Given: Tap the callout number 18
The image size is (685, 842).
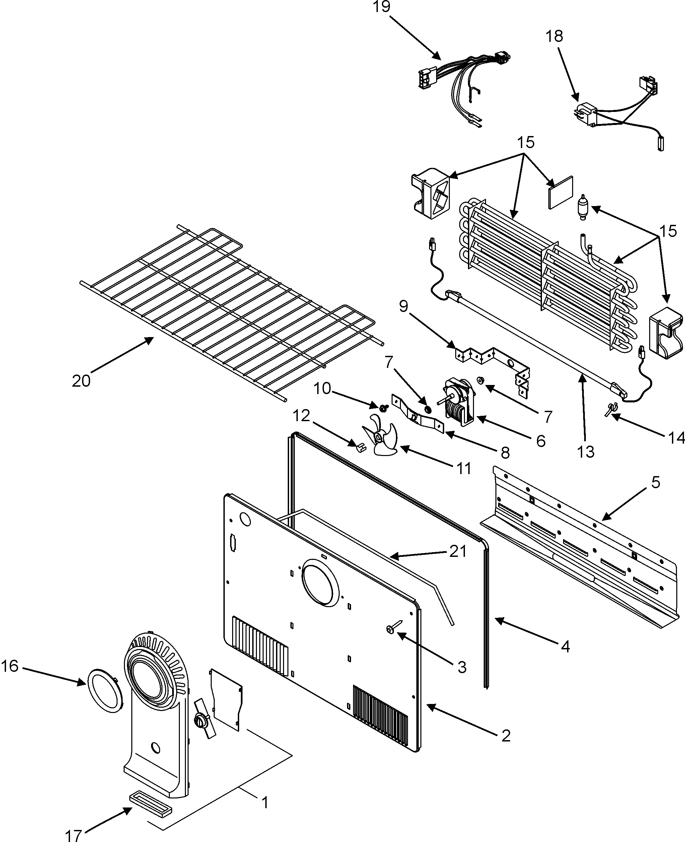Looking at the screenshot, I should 554,36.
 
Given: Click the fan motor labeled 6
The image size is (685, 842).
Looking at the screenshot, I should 460,403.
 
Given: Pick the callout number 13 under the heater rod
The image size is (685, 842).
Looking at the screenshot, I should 586,452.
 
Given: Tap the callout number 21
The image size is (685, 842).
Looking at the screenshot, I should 458,552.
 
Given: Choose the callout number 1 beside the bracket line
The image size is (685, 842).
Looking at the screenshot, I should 265,791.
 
